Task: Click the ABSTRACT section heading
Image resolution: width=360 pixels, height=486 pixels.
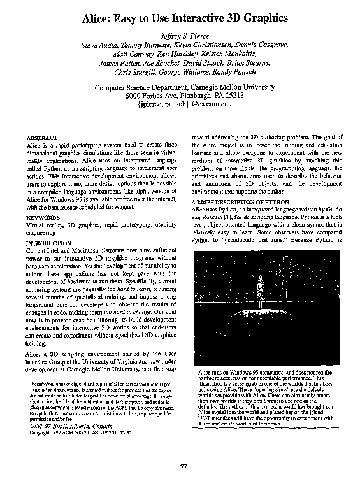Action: pyautogui.click(x=43, y=138)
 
